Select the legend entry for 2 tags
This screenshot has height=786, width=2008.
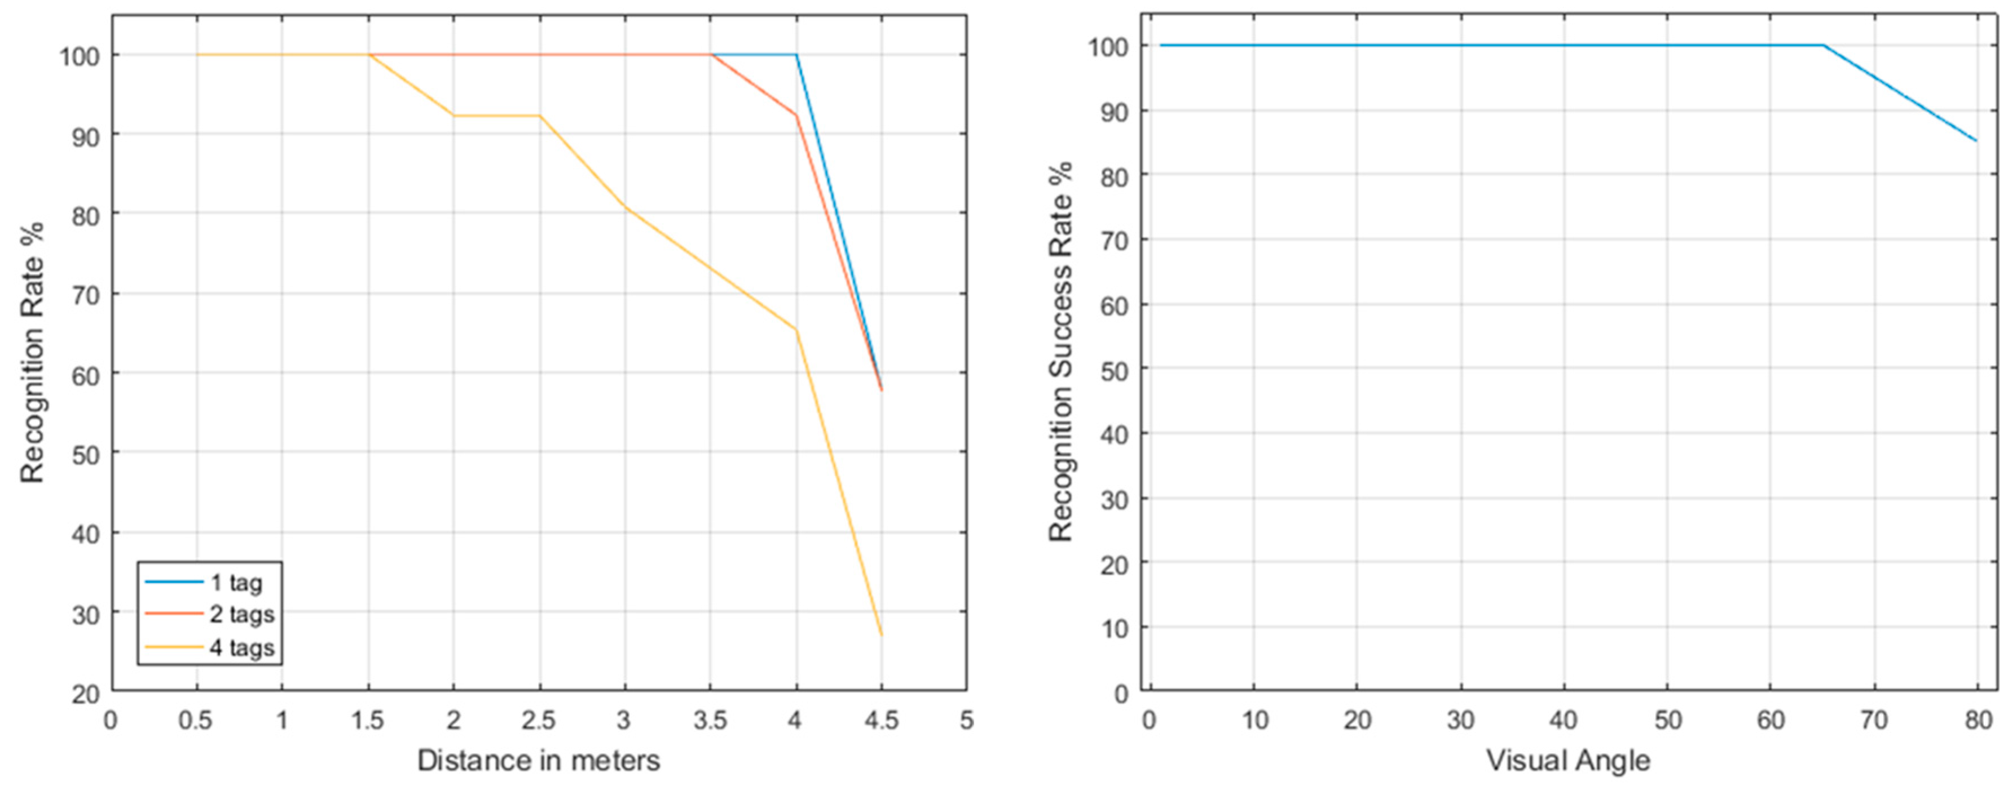(x=241, y=615)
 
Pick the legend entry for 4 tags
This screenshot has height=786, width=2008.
(x=241, y=648)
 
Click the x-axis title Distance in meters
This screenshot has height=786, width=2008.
(x=538, y=760)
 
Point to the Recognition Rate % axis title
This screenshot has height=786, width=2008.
(x=32, y=352)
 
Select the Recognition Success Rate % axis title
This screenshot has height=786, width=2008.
(x=1060, y=352)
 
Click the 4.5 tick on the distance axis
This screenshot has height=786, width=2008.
(x=881, y=720)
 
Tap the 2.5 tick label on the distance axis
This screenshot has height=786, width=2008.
(x=539, y=720)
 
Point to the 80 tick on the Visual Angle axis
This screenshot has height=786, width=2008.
(x=1978, y=720)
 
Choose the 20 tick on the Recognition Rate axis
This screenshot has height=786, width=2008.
(x=85, y=693)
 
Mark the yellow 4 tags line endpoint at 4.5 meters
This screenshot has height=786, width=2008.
(x=882, y=635)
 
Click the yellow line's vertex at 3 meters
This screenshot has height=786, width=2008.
(x=624, y=207)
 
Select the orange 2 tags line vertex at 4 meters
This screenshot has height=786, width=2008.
(x=796, y=116)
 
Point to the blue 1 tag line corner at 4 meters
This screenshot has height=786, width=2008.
(x=796, y=55)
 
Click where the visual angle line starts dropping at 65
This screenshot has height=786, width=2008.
(x=1823, y=45)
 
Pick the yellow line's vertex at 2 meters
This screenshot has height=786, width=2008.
(x=453, y=116)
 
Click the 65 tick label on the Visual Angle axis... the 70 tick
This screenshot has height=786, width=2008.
(x=1874, y=720)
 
